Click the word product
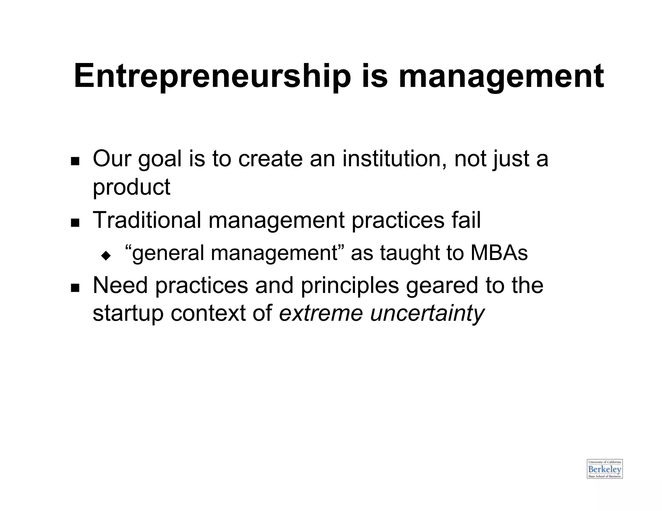(x=131, y=187)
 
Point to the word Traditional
(x=147, y=220)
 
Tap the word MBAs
(x=499, y=253)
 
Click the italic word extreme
(x=321, y=313)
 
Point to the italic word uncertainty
(x=427, y=313)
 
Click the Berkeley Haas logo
(x=604, y=469)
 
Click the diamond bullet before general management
(x=106, y=256)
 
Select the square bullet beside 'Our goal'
(x=75, y=161)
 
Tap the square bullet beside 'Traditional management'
(x=75, y=223)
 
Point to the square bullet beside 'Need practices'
(x=75, y=287)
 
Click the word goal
(x=160, y=159)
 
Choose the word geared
(x=442, y=285)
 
